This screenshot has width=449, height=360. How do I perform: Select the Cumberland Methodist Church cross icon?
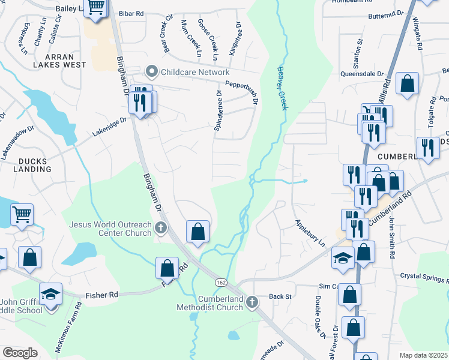coord(252,302)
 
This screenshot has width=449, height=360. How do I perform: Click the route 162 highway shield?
coord(221,281)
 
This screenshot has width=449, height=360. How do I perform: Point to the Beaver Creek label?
coord(282,88)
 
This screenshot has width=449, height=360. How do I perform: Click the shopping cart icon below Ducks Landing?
coord(22,214)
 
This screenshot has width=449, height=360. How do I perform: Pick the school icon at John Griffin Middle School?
coord(50,294)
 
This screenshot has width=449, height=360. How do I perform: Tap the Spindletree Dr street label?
coord(218,112)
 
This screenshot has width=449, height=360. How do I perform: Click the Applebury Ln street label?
coord(309,233)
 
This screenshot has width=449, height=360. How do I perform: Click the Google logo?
coord(20,353)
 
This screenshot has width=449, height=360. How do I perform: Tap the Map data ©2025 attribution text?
coord(423,355)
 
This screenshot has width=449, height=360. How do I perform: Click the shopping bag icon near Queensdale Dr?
coord(408,85)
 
